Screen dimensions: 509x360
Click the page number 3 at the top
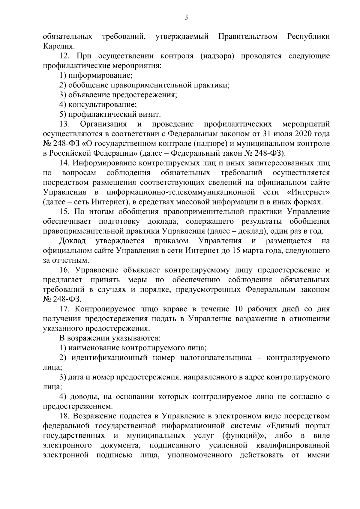pos(186,18)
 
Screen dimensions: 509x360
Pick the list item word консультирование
pos(102,105)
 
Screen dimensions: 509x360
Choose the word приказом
pos(171,241)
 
